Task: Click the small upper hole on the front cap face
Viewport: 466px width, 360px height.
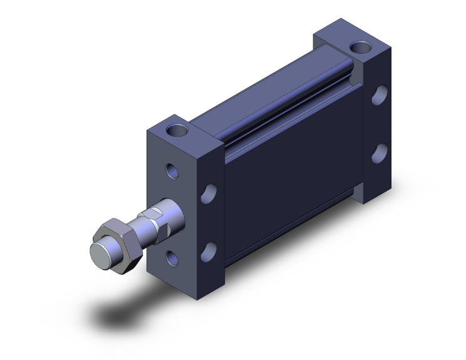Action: (172, 170)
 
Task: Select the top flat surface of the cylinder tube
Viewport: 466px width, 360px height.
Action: (263, 94)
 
